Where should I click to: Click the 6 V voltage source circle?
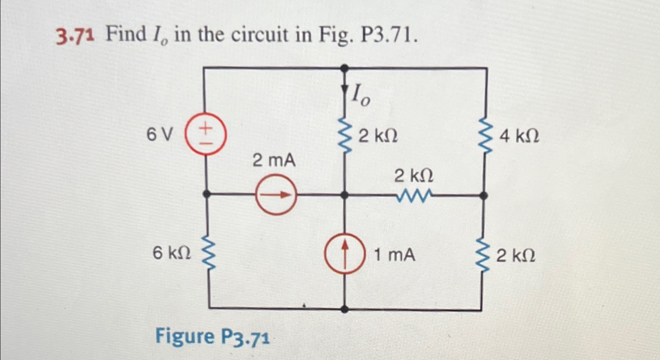click(205, 134)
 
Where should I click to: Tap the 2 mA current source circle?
click(276, 195)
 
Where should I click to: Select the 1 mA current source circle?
click(345, 254)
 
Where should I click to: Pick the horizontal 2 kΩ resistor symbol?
click(414, 195)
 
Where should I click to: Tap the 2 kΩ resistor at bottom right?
click(483, 254)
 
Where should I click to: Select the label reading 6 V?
click(159, 135)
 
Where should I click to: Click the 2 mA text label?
click(274, 161)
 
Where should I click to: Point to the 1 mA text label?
click(394, 255)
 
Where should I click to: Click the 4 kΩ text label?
click(519, 137)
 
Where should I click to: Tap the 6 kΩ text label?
click(172, 253)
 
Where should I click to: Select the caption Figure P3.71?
click(212, 337)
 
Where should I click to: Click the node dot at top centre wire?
click(345, 68)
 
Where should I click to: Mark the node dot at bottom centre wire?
click(345, 309)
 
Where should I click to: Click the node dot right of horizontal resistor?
click(483, 195)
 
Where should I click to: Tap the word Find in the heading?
click(126, 34)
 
